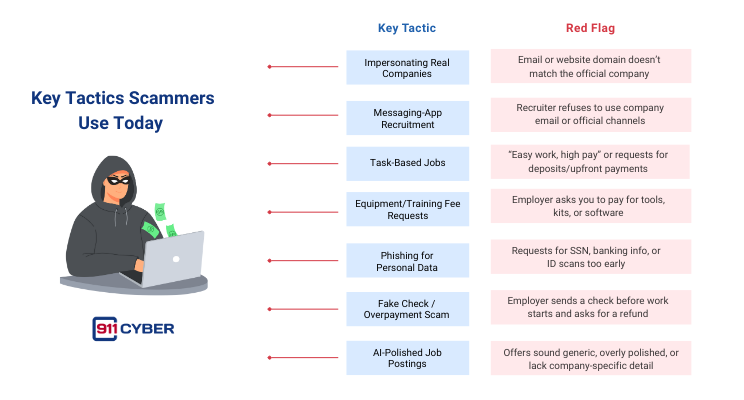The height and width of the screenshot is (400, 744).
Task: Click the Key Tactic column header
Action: [406, 28]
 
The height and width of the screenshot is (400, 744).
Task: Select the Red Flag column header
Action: [590, 28]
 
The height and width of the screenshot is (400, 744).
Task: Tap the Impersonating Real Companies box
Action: [407, 68]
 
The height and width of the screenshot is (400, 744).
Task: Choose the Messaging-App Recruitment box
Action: [407, 115]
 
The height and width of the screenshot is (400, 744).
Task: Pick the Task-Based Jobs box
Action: [407, 161]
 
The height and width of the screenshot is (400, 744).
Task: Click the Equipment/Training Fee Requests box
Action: [407, 208]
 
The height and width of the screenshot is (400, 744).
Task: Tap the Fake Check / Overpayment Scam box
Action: [407, 308]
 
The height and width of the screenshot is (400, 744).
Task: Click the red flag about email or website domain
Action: [590, 68]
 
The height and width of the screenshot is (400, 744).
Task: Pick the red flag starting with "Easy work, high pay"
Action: [590, 161]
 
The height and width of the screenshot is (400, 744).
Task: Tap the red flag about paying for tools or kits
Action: [590, 208]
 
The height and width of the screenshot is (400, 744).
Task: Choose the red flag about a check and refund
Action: [590, 308]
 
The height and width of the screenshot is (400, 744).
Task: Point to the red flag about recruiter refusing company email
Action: [590, 115]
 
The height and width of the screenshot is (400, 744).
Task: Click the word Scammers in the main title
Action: [174, 99]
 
